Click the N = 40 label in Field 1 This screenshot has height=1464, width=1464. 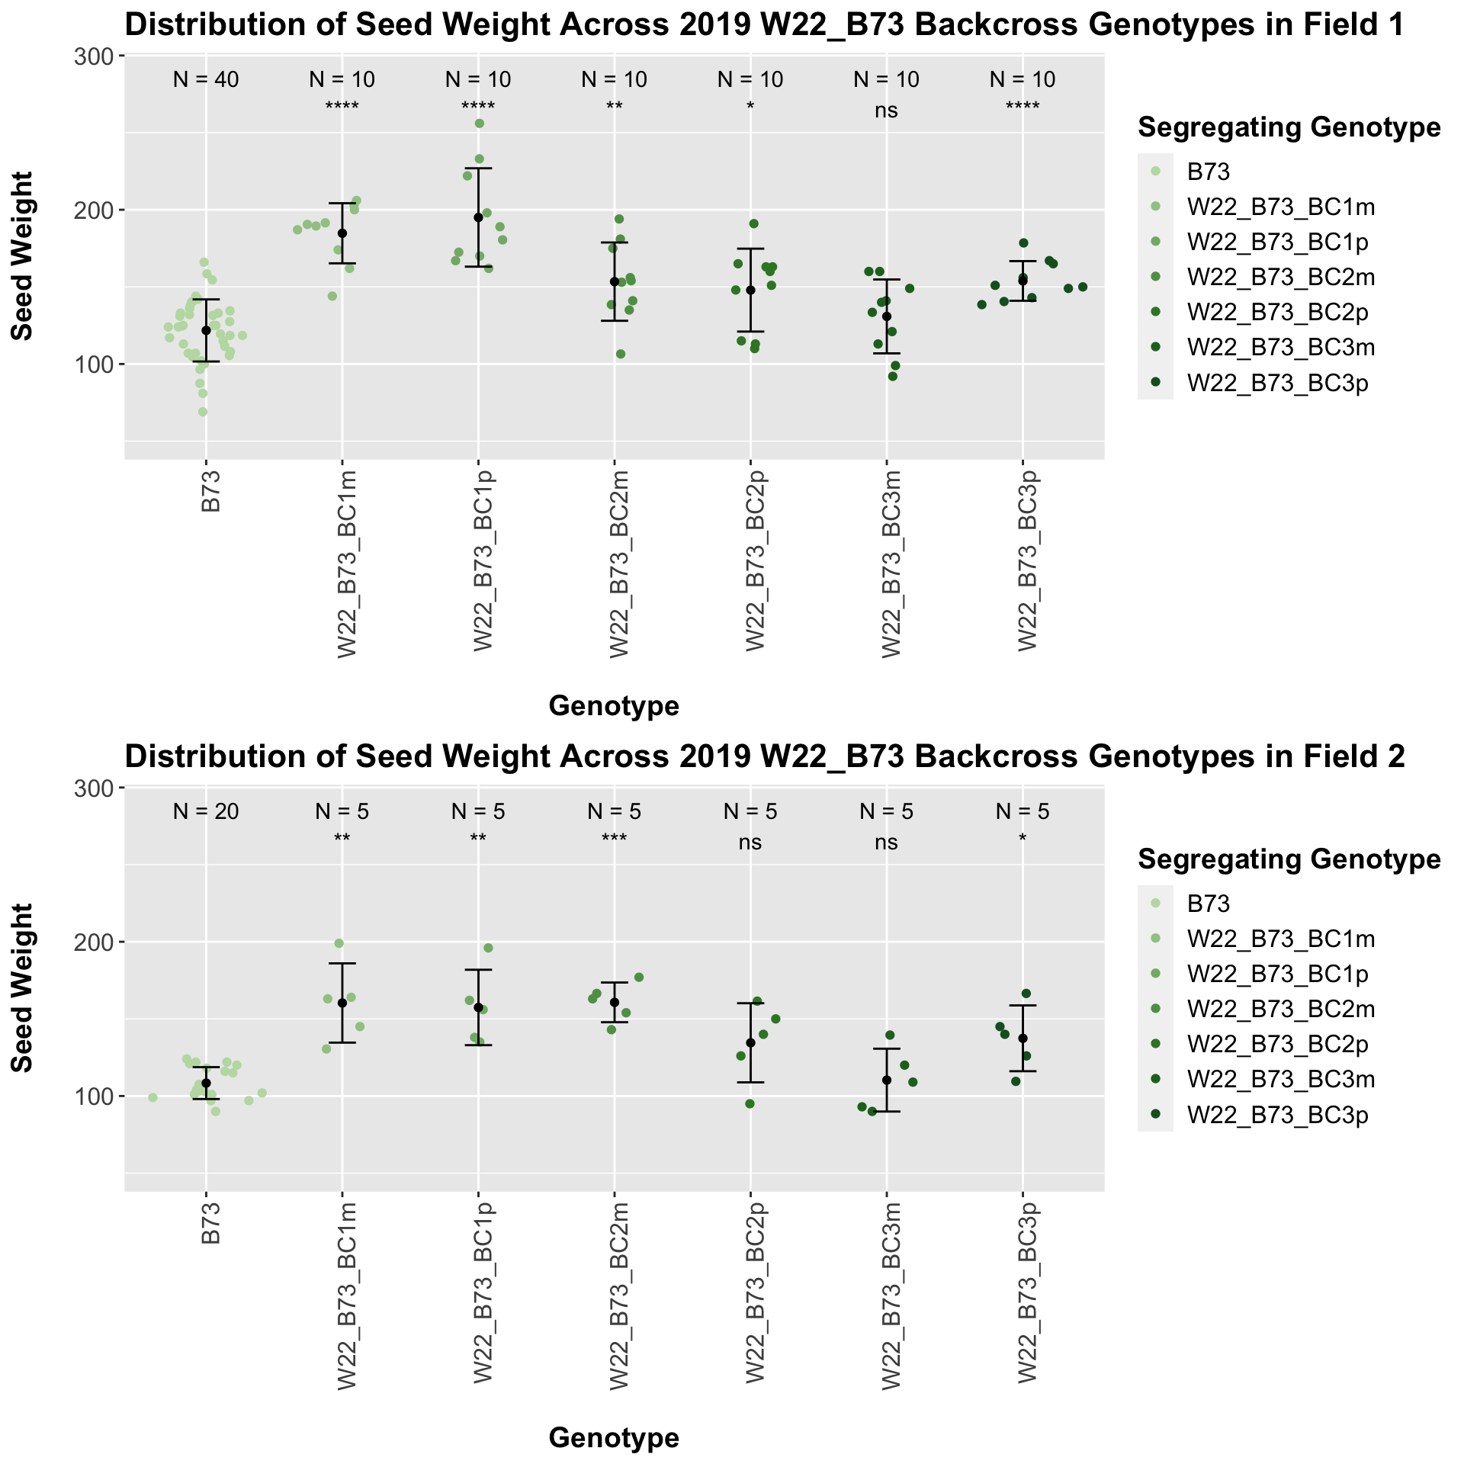206,79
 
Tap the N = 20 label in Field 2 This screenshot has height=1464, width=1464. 206,812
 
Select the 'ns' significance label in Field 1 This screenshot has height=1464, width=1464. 886,111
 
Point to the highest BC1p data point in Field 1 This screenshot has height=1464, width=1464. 480,124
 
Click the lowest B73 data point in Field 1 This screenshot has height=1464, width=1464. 203,412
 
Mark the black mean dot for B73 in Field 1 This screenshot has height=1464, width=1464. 206,330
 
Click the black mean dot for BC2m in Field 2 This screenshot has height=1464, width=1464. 614,1002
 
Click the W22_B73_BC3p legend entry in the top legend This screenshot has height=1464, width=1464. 1281,383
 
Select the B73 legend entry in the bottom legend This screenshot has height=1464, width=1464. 1209,904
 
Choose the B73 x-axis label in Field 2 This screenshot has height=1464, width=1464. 210,1224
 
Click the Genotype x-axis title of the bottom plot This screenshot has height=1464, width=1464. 614,1438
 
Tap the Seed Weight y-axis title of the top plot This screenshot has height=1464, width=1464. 23,256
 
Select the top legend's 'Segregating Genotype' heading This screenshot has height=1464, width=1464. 1289,127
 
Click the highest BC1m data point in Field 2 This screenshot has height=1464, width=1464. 339,943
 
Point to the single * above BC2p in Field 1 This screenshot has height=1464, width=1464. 750,108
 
